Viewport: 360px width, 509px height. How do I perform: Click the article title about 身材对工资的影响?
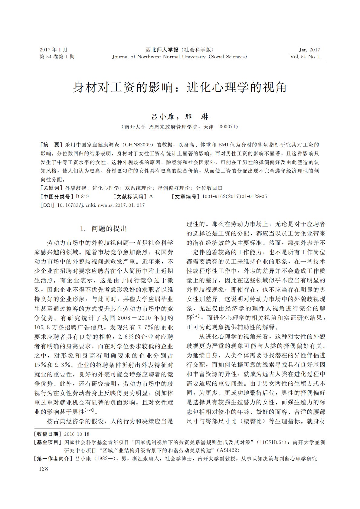[x=180, y=88]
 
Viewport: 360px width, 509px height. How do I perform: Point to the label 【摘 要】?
[x=51, y=145]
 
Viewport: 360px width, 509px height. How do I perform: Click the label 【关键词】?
[x=51, y=188]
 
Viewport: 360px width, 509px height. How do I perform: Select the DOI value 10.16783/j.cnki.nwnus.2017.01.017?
[x=101, y=205]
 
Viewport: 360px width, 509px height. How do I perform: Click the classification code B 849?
[x=82, y=197]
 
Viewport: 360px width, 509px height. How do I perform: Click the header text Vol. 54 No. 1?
[x=305, y=57]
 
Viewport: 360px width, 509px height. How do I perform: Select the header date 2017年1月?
[x=54, y=50]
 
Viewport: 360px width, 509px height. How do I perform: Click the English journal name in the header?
[x=179, y=57]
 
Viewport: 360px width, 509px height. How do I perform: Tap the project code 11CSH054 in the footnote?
[x=272, y=442]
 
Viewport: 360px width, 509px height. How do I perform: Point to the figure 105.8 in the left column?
[x=43, y=328]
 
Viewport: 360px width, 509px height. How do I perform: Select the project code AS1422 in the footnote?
[x=228, y=450]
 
